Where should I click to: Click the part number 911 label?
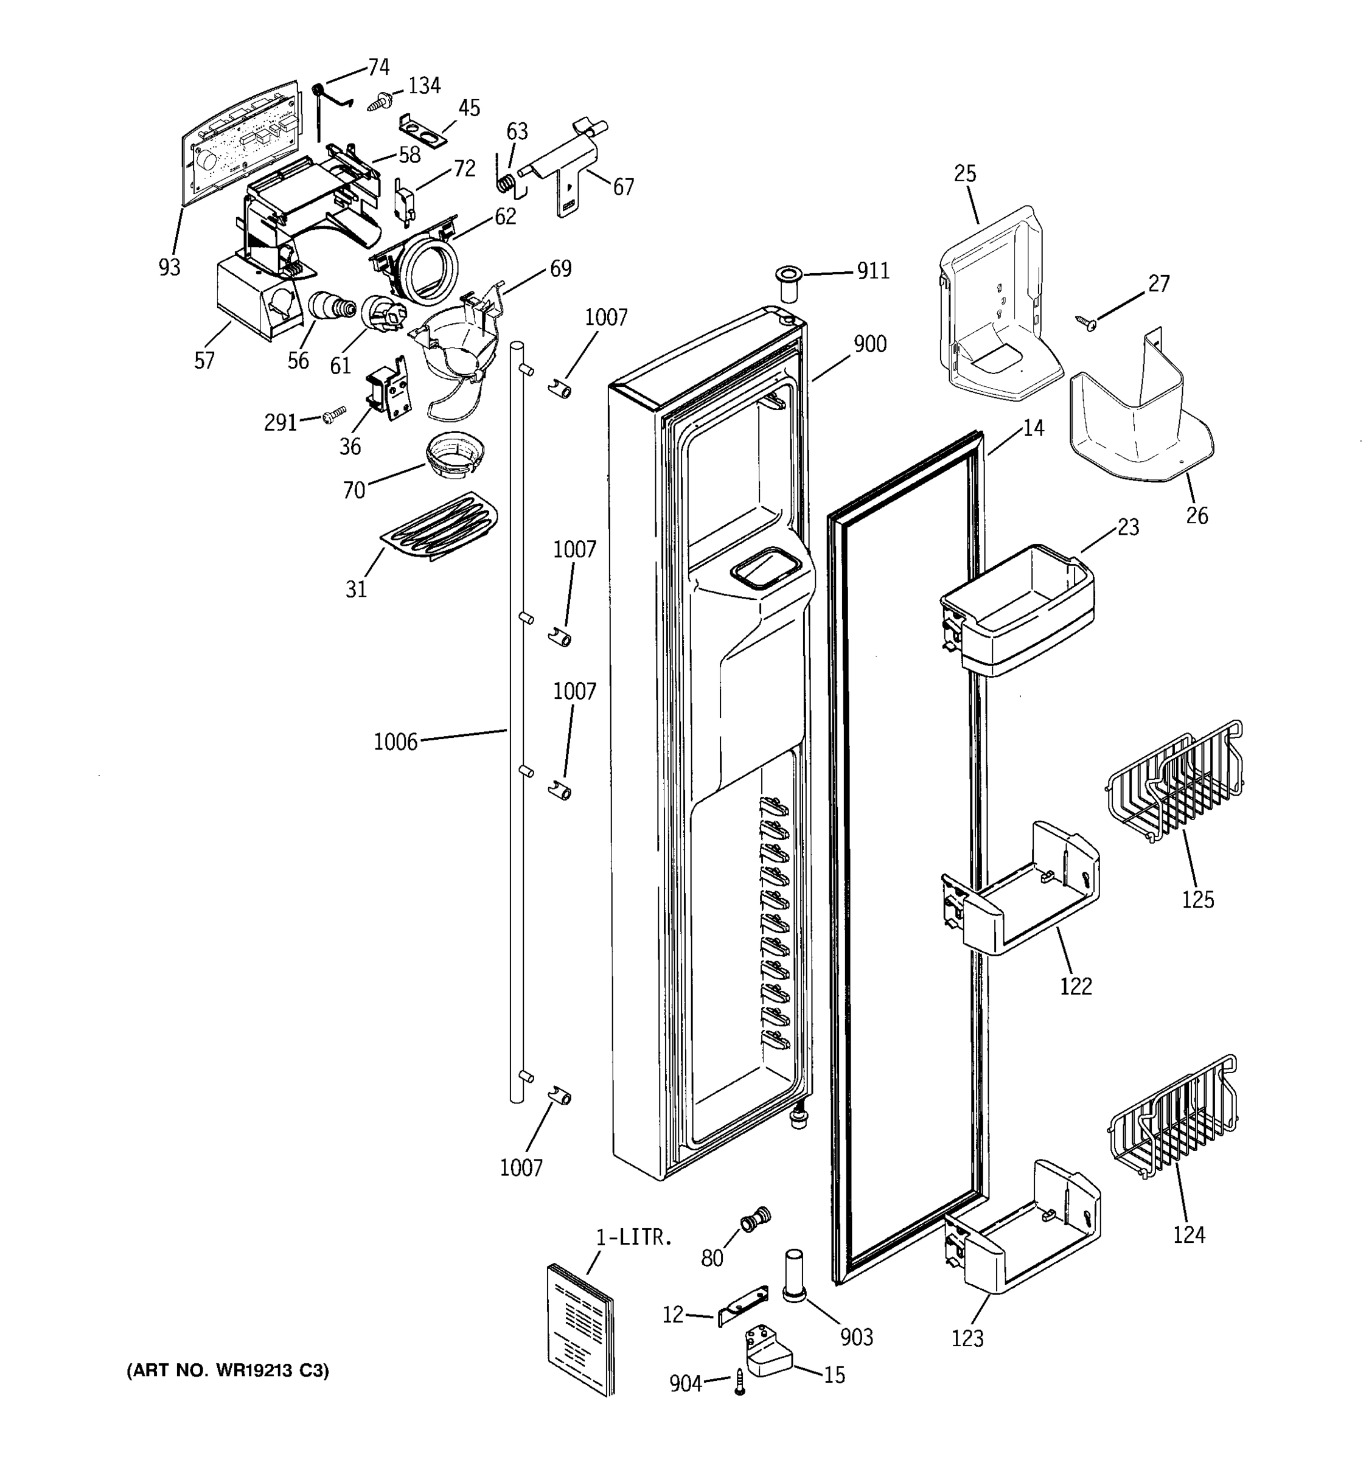(873, 272)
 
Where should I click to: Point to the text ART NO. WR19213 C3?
(228, 1371)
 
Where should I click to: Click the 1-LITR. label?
(634, 1237)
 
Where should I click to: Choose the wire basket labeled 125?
(1174, 782)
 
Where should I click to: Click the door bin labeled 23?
(1017, 610)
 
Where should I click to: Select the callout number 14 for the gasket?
(1033, 428)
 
